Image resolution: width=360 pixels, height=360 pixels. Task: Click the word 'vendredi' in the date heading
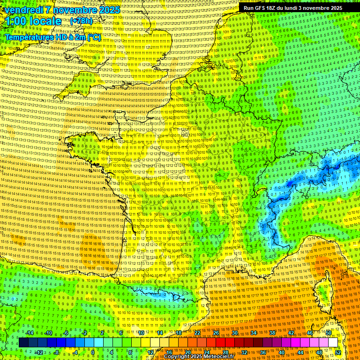click(23, 10)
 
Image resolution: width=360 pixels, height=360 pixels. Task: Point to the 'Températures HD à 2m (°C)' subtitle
click(52, 37)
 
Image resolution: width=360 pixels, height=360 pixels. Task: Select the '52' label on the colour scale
click(338, 352)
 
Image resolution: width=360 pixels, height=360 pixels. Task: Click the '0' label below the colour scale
click(93, 352)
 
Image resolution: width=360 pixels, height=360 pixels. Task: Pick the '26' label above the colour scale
click(216, 333)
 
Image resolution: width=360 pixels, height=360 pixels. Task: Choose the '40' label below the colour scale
click(282, 352)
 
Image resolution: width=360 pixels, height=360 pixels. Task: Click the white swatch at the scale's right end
click(333, 343)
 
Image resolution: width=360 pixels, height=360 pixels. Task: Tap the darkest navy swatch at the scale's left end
click(23, 343)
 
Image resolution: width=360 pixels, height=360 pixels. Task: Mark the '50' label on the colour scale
click(329, 333)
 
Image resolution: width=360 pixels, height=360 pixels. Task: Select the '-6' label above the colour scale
click(66, 333)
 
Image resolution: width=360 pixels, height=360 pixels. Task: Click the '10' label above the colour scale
click(141, 333)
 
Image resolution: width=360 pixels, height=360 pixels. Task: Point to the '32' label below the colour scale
click(244, 352)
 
